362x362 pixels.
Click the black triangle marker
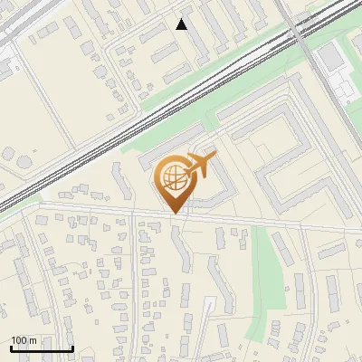pyautogui.click(x=182, y=24)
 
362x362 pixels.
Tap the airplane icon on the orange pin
pyautogui.click(x=199, y=165)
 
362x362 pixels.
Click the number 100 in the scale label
pyautogui.click(x=19, y=340)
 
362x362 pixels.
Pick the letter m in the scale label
pyautogui.click(x=33, y=340)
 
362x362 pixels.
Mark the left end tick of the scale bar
pyautogui.click(x=11, y=348)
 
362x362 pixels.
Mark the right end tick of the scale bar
pyautogui.click(x=72, y=348)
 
